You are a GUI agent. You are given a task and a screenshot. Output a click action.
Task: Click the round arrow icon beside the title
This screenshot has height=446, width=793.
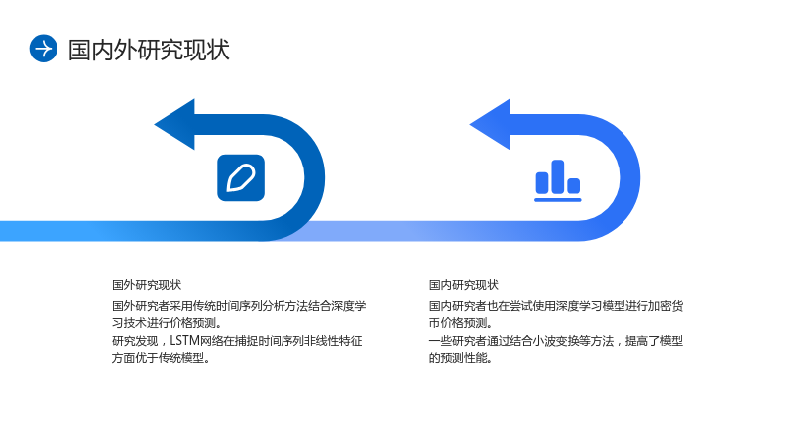click(x=44, y=49)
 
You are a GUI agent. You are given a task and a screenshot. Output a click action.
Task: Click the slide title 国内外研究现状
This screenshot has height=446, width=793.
click(x=149, y=50)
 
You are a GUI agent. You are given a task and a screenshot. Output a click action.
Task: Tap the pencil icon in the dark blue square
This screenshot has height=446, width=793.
click(x=241, y=178)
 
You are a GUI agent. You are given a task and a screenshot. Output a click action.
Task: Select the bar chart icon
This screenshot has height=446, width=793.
click(x=558, y=180)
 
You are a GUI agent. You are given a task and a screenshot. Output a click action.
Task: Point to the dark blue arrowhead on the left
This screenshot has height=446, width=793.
click(x=174, y=125)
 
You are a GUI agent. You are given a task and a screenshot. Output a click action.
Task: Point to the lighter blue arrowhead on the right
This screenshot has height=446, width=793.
click(x=490, y=125)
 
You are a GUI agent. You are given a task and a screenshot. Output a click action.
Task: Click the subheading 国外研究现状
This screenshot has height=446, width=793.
click(x=147, y=285)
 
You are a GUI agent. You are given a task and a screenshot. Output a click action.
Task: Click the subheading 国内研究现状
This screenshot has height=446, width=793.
click(x=464, y=285)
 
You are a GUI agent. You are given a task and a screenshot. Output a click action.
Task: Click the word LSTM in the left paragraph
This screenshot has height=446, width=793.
click(x=184, y=341)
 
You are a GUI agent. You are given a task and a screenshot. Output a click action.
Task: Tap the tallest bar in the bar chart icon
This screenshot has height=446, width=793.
click(x=558, y=176)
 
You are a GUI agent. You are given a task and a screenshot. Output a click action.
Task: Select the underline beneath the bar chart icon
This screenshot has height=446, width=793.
click(x=558, y=200)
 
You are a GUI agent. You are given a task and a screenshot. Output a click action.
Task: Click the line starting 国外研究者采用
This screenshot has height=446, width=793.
click(x=239, y=306)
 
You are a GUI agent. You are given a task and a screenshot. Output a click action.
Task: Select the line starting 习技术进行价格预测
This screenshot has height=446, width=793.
click(x=168, y=323)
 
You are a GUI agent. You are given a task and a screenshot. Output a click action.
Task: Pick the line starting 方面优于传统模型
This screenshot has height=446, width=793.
click(x=162, y=358)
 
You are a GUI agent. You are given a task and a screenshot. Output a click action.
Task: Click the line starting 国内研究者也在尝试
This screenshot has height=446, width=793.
click(x=556, y=306)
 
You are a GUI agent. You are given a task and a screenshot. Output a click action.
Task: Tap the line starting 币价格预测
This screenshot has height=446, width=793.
click(x=461, y=323)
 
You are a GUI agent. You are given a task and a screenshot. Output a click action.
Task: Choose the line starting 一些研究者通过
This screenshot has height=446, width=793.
click(x=556, y=341)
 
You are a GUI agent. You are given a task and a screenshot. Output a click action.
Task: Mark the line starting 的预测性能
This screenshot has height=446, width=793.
click(x=461, y=358)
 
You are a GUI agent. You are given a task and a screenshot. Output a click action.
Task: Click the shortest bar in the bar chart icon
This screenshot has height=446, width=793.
click(x=574, y=186)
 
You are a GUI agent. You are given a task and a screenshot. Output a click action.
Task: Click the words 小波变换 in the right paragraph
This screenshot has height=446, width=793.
click(x=555, y=341)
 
